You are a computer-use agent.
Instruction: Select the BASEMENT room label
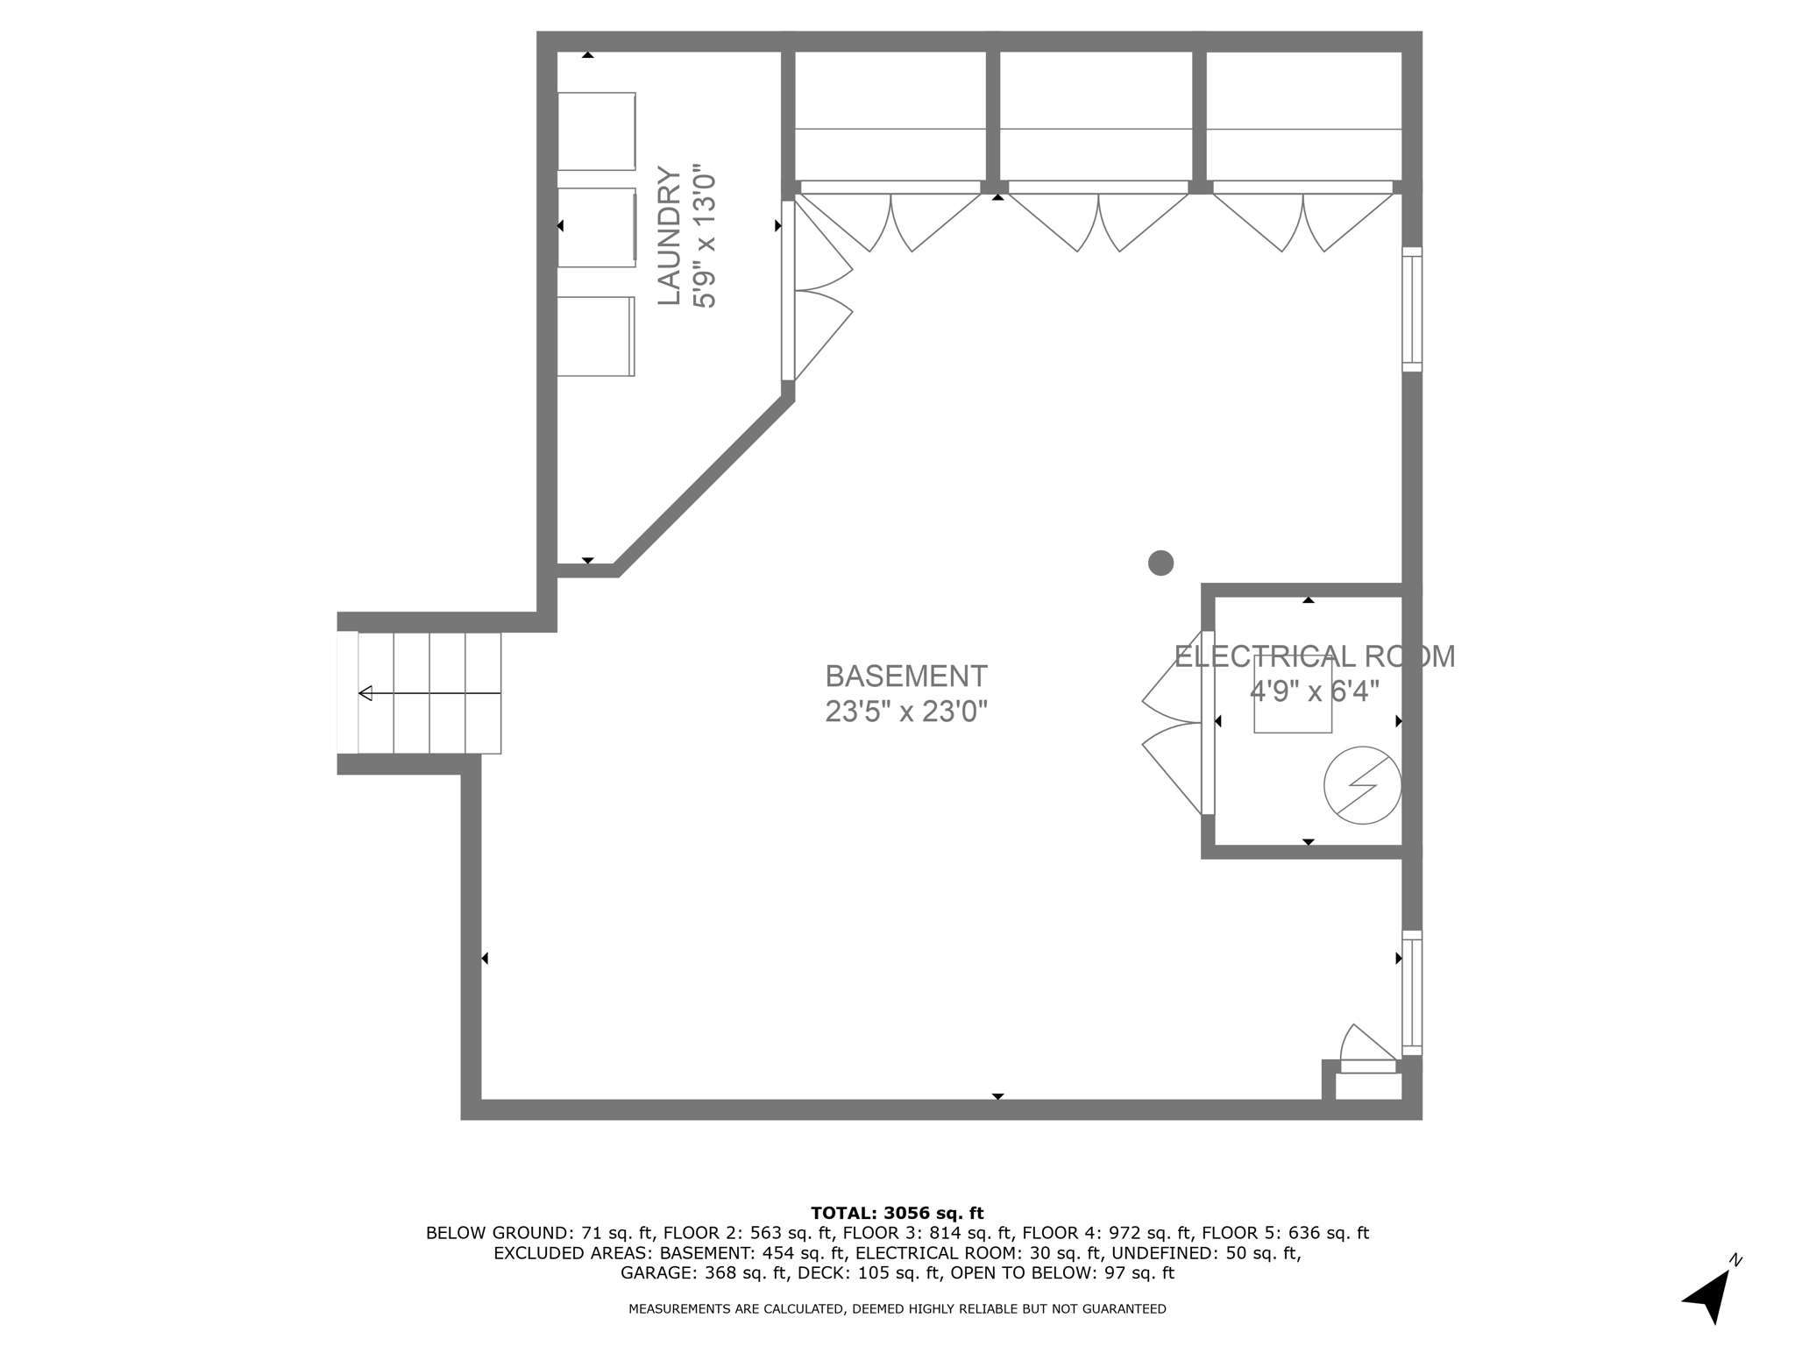point(906,677)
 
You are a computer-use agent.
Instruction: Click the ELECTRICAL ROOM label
point(1314,656)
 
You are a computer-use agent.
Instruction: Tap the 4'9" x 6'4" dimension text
point(1314,691)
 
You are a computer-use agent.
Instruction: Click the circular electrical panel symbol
point(1362,785)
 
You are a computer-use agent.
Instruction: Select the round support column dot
point(1160,563)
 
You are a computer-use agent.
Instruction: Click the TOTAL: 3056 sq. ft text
point(897,1213)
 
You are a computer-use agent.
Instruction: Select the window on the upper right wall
point(1411,309)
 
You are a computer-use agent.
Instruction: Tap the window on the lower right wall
point(1411,993)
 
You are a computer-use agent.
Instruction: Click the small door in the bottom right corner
point(1367,1052)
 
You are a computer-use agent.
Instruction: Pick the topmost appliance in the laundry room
point(597,131)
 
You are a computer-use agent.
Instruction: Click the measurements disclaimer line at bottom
point(897,1309)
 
